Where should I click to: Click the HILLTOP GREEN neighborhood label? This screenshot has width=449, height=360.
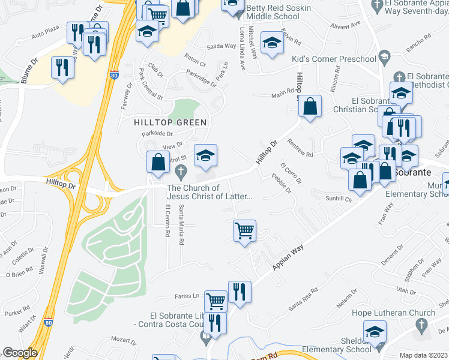click(x=169, y=122)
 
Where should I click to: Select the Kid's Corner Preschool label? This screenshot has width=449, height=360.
click(x=333, y=59)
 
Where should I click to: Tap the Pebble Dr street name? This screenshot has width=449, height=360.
click(x=281, y=184)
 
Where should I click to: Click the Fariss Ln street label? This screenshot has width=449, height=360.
click(x=187, y=296)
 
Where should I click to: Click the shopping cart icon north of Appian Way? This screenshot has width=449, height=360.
click(x=244, y=230)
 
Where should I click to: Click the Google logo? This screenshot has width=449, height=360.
click(x=20, y=353)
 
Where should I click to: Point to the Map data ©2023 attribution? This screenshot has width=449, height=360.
click(x=424, y=355)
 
